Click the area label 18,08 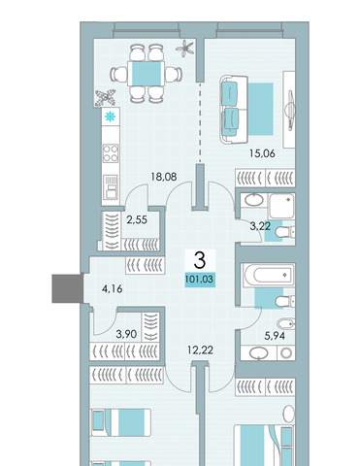164,177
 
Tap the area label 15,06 262,153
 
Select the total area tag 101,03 200,279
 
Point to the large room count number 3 200,261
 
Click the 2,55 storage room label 137,220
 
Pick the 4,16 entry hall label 112,288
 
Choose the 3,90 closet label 126,334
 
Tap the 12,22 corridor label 200,349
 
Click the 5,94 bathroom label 275,336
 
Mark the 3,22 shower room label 260,226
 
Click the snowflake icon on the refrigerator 111,116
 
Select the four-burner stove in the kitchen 111,153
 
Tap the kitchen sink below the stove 111,186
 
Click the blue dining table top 147,74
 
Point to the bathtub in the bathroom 268,276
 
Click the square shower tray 281,206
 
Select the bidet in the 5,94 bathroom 286,324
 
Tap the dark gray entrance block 67,288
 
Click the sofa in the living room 234,110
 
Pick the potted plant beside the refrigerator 105,97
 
